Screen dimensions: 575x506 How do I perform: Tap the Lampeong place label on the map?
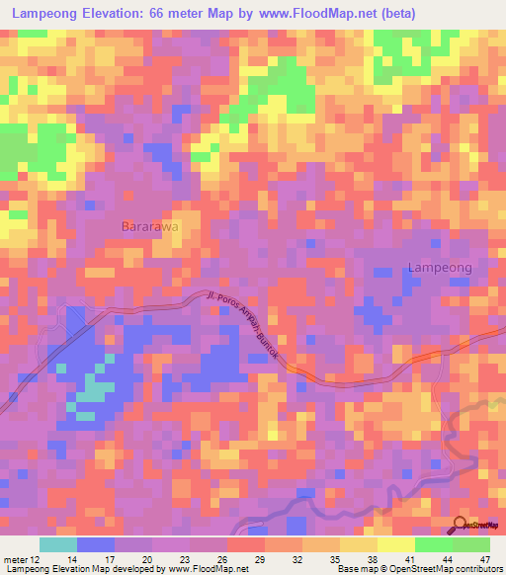point(440,268)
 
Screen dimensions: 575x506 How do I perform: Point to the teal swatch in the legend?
point(58,544)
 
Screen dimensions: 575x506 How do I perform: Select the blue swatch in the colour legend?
point(96,544)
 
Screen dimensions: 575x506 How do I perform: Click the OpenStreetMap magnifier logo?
point(462,525)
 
